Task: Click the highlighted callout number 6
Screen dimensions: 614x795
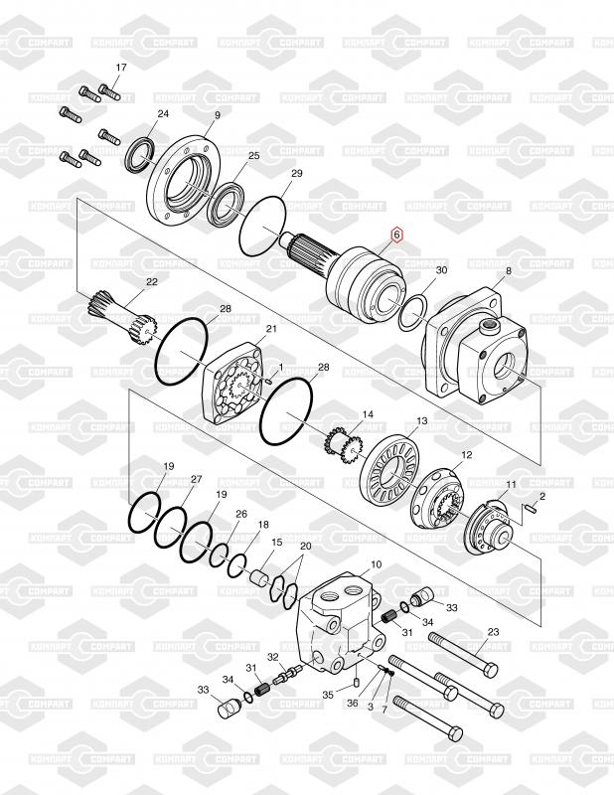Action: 396,235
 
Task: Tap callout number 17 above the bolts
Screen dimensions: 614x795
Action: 121,68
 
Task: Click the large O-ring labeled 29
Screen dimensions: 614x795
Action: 262,226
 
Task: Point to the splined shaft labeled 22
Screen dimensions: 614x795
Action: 122,315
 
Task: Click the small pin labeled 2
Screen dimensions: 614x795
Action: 531,509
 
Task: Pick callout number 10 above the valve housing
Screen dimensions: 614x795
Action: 376,564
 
